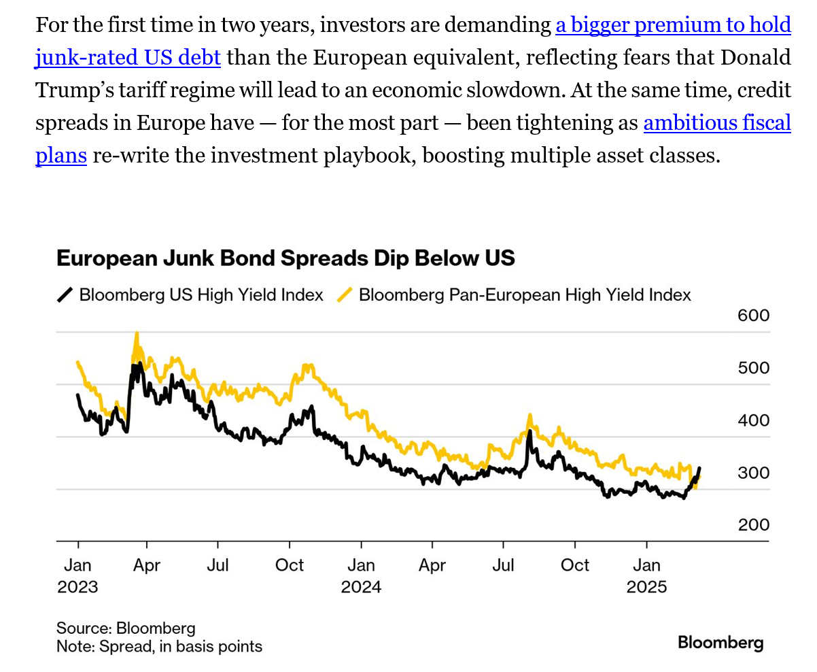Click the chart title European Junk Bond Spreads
pos(285,258)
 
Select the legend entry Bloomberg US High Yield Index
pos(201,295)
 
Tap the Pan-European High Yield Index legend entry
pos(524,295)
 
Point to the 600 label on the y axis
pos(753,316)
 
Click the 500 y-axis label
pos(753,368)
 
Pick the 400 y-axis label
pos(753,420)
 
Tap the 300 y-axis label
pos(753,473)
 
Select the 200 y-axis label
pos(753,525)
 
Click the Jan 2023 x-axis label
pos(77,575)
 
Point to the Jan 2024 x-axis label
pos(361,575)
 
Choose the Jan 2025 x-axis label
pos(646,575)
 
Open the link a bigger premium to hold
pos(673,26)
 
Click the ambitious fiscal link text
pos(717,123)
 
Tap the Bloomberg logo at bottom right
pos(720,643)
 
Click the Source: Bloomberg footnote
pos(126,628)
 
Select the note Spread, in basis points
pos(159,646)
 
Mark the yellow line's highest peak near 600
pos(137,334)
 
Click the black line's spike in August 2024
pos(529,431)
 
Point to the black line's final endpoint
pos(700,468)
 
